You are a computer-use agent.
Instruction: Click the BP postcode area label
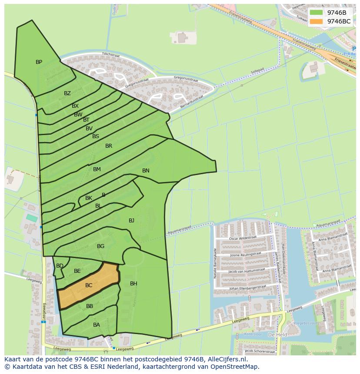pos(39,62)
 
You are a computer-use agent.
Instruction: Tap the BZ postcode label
pos(67,93)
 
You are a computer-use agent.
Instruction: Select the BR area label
pos(109,146)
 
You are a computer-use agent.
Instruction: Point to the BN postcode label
pos(146,171)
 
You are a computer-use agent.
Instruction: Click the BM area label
pos(97,169)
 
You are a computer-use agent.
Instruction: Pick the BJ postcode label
pos(131,221)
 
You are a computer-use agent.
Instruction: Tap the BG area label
pos(100,246)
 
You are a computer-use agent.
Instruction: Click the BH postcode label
pos(133,284)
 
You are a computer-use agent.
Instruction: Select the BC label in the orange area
pos(89,285)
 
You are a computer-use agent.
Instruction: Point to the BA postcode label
pos(97,325)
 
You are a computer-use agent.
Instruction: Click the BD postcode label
pos(60,266)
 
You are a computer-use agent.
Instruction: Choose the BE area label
pos(77,271)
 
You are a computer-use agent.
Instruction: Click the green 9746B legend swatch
pos(316,13)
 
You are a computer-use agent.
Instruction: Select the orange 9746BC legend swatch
pos(316,21)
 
